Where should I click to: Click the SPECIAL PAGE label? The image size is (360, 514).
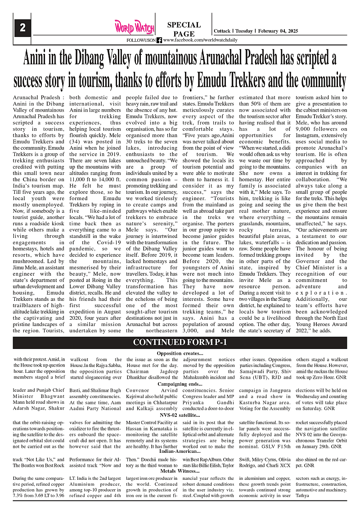(x=184, y=29)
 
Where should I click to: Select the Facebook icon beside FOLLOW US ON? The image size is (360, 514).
(x=159, y=40)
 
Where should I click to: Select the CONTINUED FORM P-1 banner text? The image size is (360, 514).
(x=180, y=343)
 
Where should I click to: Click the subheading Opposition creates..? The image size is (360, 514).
(x=180, y=353)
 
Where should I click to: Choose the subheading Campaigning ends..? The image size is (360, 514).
(x=180, y=385)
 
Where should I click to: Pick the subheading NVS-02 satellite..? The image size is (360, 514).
(x=180, y=415)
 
